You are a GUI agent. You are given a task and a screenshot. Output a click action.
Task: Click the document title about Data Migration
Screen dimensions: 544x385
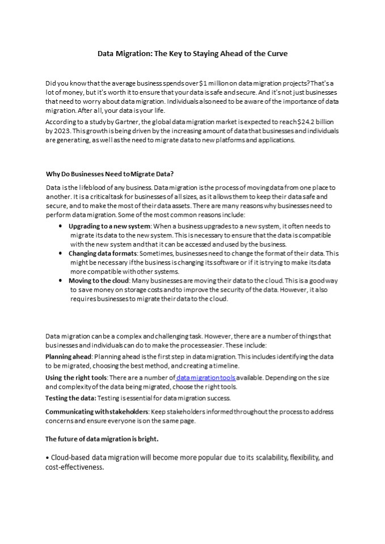coord(192,54)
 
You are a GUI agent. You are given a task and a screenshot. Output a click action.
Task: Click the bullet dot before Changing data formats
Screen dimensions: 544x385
coord(61,253)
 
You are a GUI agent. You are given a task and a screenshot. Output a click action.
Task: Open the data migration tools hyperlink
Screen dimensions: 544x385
coord(205,377)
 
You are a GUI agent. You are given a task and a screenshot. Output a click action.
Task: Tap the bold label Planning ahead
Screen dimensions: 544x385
coord(68,356)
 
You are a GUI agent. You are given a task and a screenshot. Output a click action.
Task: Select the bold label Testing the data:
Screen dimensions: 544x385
coord(70,398)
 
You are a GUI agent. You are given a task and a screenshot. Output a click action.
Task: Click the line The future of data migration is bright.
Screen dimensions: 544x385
coord(101,439)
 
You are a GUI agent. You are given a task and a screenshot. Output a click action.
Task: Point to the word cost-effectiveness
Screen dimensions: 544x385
coord(74,467)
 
